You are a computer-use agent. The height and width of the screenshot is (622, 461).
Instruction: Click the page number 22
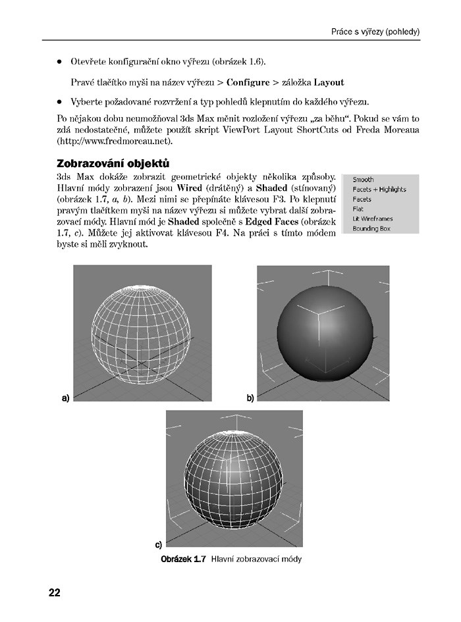point(54,592)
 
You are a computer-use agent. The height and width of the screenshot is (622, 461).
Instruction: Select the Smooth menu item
point(363,179)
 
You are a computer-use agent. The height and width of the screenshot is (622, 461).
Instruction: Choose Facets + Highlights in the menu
point(379,190)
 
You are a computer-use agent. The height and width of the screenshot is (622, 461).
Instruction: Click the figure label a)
point(65,398)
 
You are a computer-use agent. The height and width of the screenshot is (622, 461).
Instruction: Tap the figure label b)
point(250,398)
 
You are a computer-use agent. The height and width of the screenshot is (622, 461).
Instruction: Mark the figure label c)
point(159,544)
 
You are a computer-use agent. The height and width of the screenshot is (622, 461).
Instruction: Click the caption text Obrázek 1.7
point(184,559)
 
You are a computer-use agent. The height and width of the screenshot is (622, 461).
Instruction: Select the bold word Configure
point(248,83)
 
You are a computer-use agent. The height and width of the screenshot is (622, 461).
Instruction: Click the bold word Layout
point(329,83)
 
